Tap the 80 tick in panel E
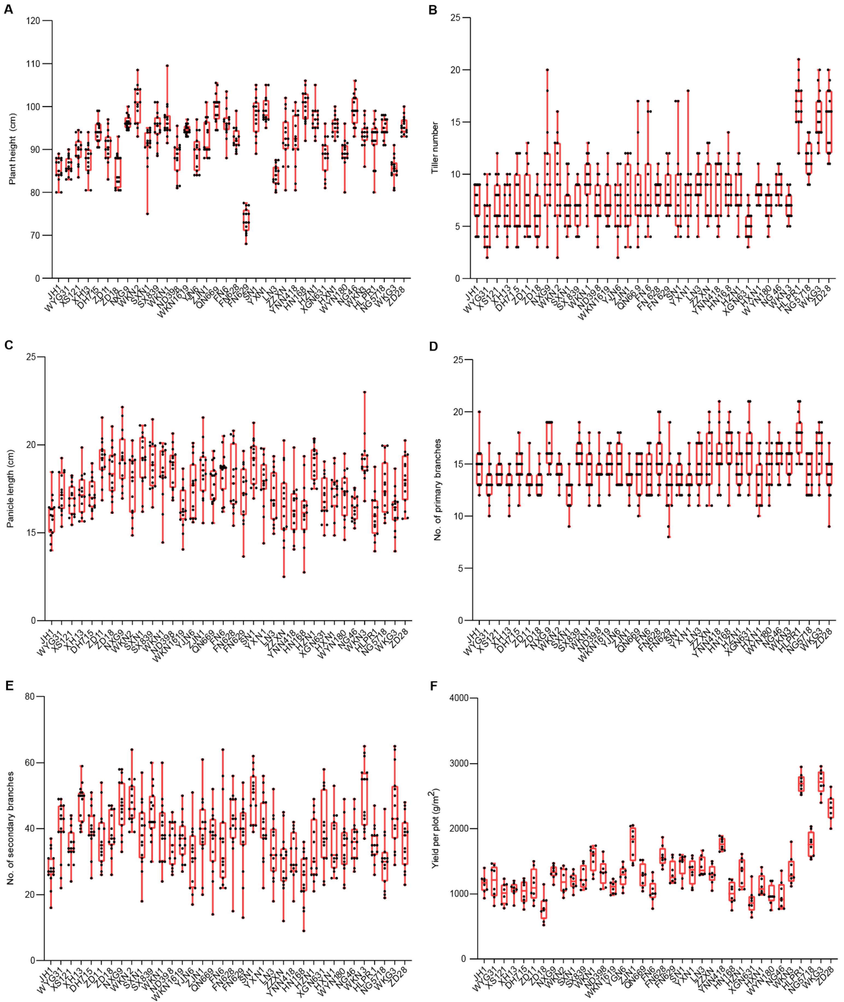click(30, 697)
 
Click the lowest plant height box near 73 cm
click(246, 220)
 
